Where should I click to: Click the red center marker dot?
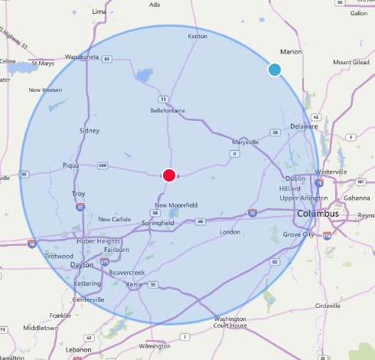[169, 175]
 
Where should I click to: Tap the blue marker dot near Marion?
[274, 70]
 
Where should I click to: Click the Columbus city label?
[318, 214]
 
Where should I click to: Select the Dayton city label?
[81, 264]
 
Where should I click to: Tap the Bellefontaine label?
[169, 110]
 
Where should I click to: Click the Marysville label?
[246, 141]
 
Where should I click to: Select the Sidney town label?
[89, 130]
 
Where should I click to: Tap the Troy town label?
[79, 194]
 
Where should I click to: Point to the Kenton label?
[197, 36]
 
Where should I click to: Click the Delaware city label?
[305, 126]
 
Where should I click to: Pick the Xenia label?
[135, 284]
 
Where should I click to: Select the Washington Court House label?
[230, 322]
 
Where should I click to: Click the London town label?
[230, 231]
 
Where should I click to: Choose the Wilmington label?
[155, 345]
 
